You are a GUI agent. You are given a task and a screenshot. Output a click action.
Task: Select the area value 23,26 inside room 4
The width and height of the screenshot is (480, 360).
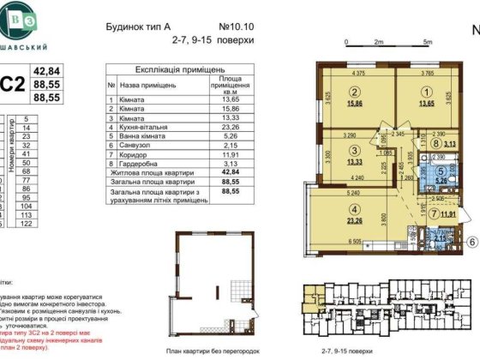point(353,220)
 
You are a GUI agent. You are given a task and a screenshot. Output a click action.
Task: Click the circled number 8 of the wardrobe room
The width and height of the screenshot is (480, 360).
point(436,145)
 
